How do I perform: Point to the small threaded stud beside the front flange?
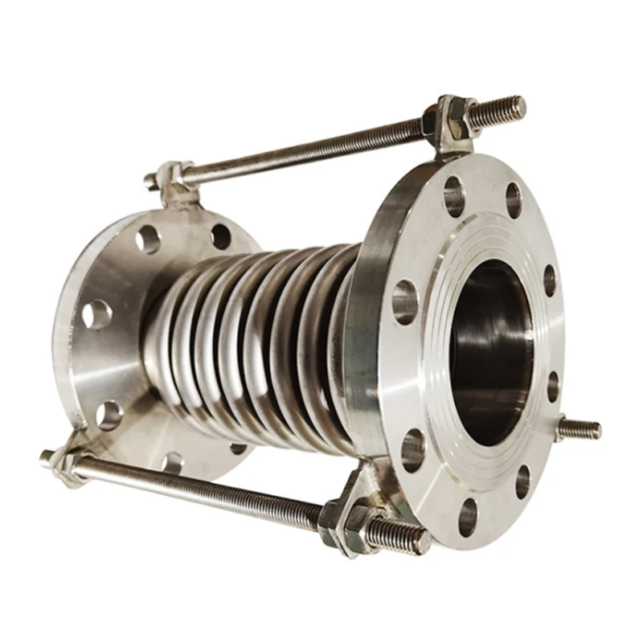coord(580,428)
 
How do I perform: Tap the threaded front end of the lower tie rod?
coord(402,536)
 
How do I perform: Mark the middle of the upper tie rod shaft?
coord(305,147)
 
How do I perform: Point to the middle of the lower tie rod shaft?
coord(201,490)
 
